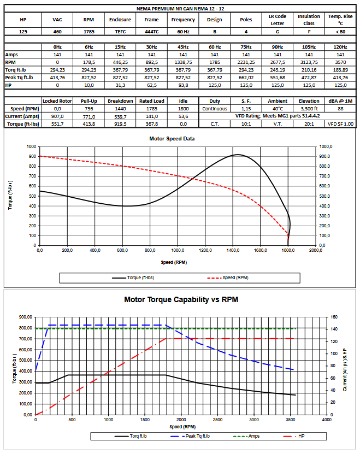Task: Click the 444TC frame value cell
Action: (x=151, y=32)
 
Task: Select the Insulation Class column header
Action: (x=309, y=20)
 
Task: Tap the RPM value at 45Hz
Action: (x=183, y=62)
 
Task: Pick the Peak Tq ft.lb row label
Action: (x=19, y=78)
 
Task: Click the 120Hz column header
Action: (x=340, y=47)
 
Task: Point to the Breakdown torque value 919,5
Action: (x=120, y=124)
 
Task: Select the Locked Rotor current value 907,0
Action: (x=57, y=116)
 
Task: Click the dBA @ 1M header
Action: (x=340, y=101)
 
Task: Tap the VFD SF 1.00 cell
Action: (x=340, y=124)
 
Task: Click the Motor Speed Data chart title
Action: (x=172, y=139)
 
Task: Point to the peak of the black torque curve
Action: (x=238, y=155)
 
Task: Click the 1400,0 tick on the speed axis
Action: (x=233, y=250)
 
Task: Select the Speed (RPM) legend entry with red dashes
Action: (x=228, y=278)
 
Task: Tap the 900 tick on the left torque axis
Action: (x=32, y=156)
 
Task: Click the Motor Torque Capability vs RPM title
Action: (x=181, y=299)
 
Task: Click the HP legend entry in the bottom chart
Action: (x=294, y=436)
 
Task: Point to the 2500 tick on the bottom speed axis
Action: (x=217, y=420)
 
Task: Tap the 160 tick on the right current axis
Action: (x=334, y=317)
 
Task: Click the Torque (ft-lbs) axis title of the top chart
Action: (x=10, y=195)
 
